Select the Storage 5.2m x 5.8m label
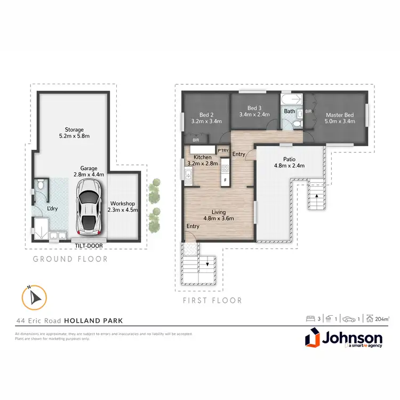74,133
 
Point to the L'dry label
53,208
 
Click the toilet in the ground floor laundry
41,187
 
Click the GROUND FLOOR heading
70,259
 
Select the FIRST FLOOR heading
212,300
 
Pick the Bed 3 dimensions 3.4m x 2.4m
254,114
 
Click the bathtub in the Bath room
291,100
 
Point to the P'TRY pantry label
223,150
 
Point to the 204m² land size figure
381,319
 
